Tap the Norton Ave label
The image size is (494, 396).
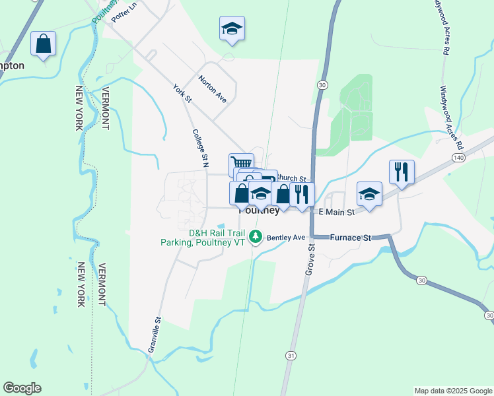point(213,89)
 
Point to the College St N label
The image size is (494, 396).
point(201,146)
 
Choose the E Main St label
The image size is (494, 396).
point(336,212)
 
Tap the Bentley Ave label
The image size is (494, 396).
point(285,237)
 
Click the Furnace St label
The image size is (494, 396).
point(352,237)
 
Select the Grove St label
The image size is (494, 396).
point(309,259)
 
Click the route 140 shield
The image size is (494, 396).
point(458,158)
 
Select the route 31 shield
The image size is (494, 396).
point(291,356)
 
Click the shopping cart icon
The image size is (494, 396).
point(241,162)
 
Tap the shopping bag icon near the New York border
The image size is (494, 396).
point(43,44)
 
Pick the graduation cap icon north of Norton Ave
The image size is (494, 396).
point(232,28)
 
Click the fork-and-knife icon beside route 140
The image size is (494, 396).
point(402,172)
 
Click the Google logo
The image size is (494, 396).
point(22,388)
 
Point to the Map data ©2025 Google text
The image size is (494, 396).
point(452,391)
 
